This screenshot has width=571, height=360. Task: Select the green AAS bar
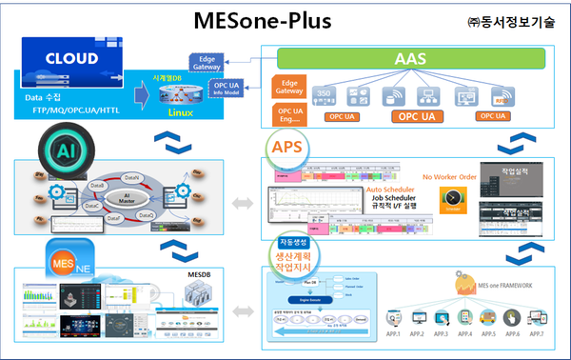pyautogui.click(x=415, y=59)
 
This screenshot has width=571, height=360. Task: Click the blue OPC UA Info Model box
pyautogui.click(x=226, y=91)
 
